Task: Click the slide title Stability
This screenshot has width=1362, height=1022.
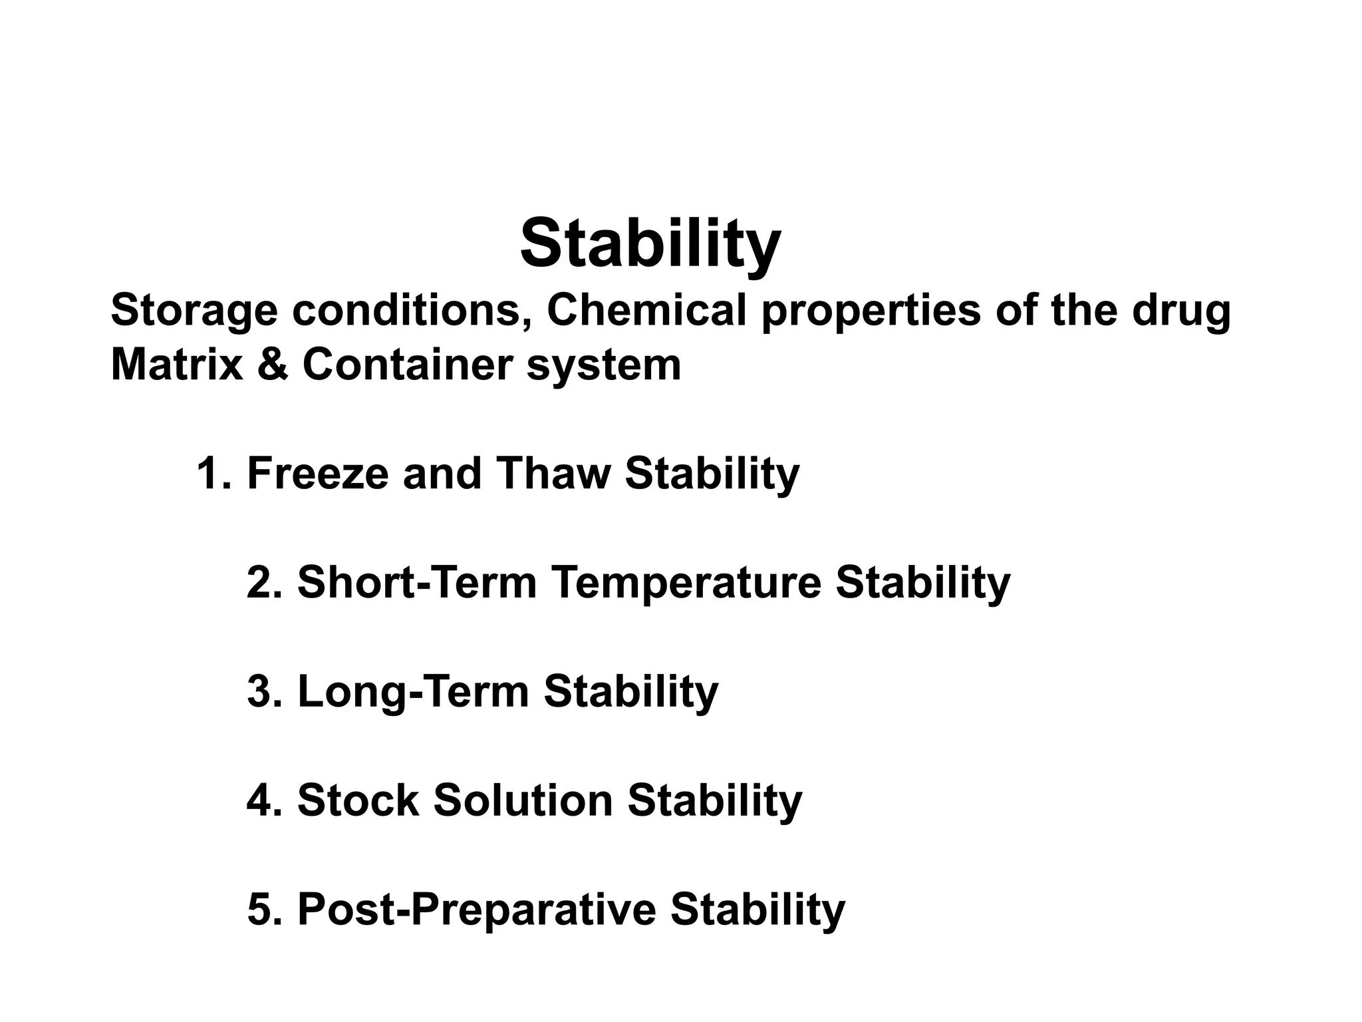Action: click(650, 244)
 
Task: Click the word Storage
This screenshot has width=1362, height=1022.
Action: click(194, 311)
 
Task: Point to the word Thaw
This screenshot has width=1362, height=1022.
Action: click(552, 474)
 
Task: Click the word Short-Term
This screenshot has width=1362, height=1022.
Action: click(417, 583)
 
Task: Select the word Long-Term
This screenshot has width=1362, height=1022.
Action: click(413, 693)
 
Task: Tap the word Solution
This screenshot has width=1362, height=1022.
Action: click(523, 800)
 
